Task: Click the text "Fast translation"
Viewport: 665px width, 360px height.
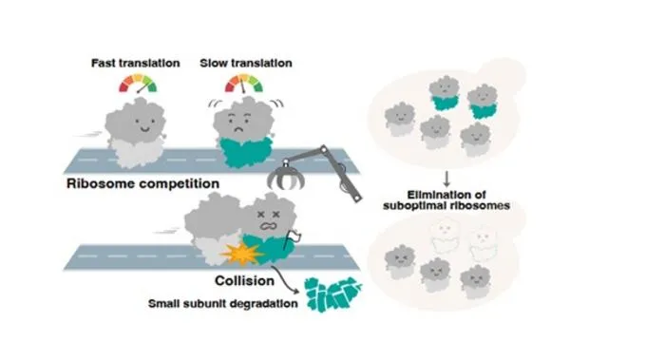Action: coord(135,64)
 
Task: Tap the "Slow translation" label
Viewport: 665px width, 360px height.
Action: coord(246,64)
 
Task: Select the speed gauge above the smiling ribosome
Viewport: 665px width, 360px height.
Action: coord(138,83)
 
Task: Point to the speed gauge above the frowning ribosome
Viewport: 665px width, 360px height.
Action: coord(244,83)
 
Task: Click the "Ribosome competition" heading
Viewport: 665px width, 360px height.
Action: coord(142,183)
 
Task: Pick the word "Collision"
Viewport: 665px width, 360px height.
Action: coord(244,281)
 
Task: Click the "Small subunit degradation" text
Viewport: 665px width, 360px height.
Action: coord(222,304)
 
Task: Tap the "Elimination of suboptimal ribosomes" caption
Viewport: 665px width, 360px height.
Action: coord(446,200)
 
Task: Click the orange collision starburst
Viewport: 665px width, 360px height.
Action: coord(242,254)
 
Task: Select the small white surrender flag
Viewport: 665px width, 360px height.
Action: coord(294,236)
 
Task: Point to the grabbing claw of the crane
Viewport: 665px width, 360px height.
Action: coord(286,177)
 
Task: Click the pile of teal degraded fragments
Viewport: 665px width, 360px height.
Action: coord(332,294)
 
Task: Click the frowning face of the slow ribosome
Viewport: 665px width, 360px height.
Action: coord(238,122)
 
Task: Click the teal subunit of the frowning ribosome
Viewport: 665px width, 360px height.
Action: coord(246,153)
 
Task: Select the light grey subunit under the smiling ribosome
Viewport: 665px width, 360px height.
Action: coord(136,153)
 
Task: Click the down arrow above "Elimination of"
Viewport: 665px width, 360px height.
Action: coord(446,179)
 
